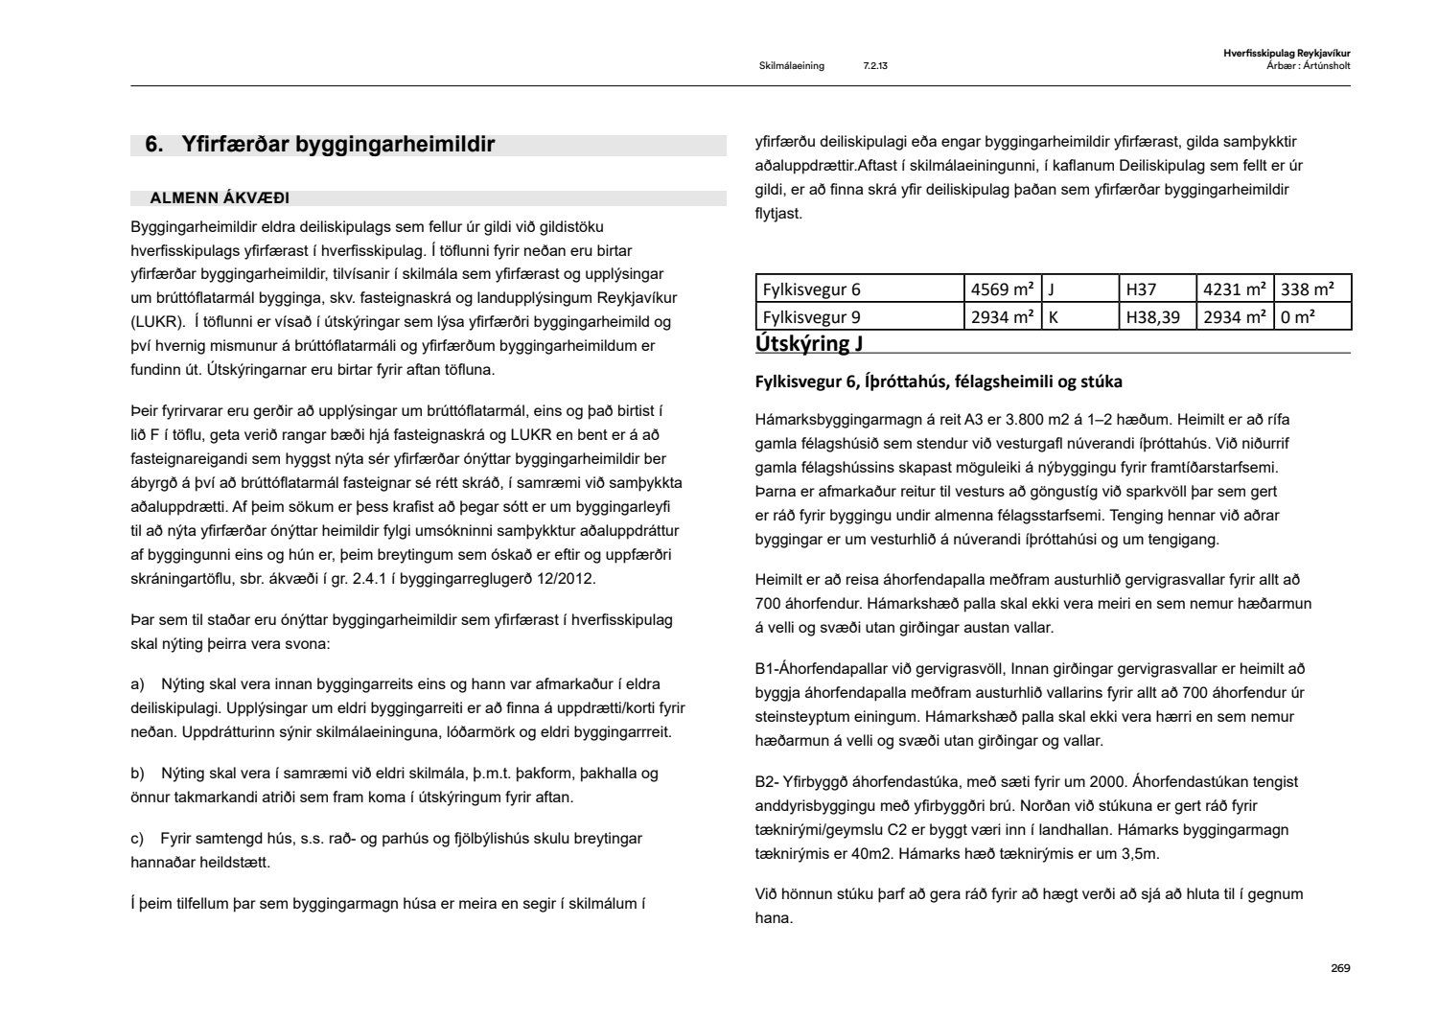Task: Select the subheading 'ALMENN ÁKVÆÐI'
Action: pos(220,198)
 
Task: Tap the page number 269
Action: pos(1340,968)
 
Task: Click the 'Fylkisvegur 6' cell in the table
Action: pos(811,289)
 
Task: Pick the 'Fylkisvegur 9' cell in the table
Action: pos(811,316)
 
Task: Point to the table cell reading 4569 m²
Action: pos(1002,289)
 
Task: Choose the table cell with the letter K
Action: pos(1054,316)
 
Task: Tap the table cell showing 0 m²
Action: pos(1298,316)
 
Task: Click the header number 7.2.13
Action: pos(874,66)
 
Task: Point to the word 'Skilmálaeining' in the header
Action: pos(791,66)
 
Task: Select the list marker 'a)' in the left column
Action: pos(137,684)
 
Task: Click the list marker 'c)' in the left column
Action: pos(137,839)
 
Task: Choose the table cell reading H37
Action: pos(1141,289)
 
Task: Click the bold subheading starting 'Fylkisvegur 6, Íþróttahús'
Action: pos(939,381)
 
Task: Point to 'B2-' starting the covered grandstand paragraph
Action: pos(766,782)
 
